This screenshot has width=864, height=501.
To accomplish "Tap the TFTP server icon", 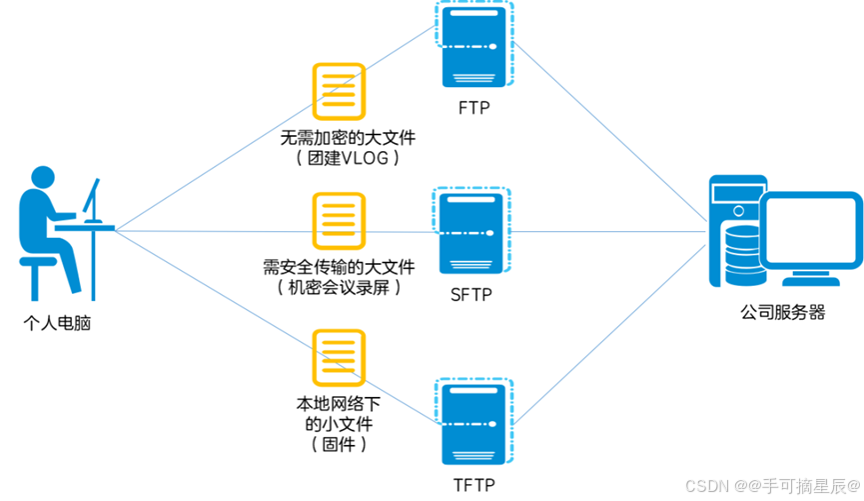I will (x=473, y=421).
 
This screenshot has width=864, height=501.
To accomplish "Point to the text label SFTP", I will (x=472, y=295).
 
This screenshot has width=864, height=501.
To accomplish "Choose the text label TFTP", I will (x=473, y=485).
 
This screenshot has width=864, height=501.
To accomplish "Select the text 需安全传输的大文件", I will (x=339, y=267).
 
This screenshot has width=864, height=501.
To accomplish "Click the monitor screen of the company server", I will (x=810, y=232).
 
